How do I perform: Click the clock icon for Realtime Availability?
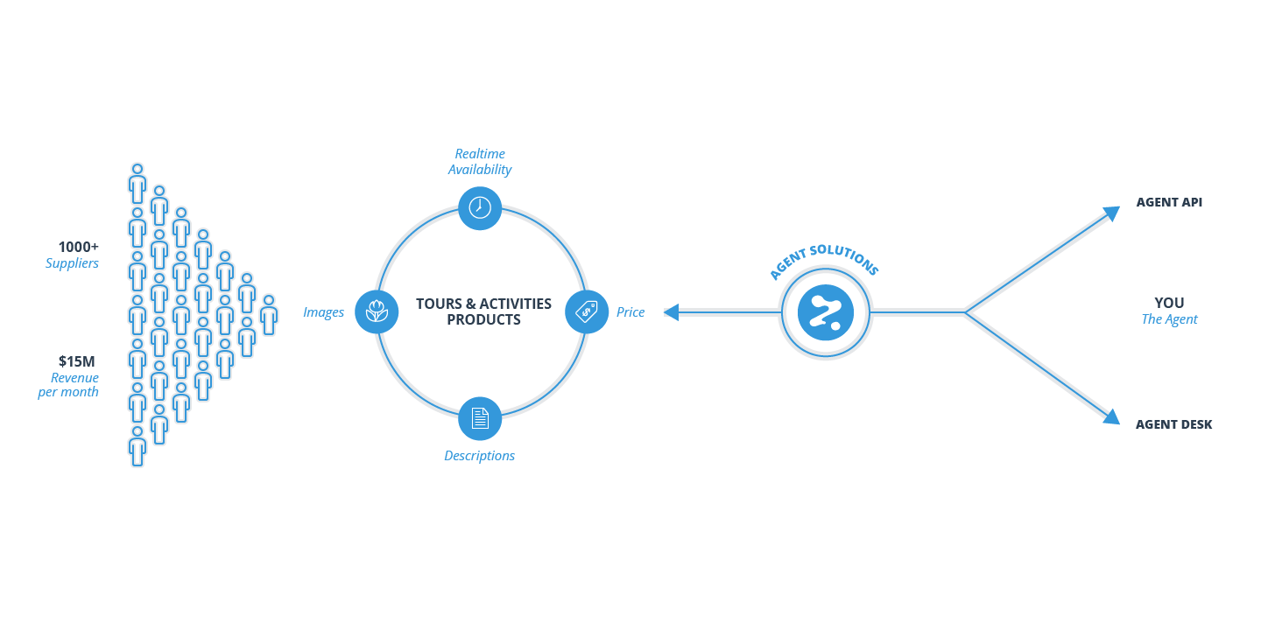480,208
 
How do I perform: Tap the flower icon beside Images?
377,311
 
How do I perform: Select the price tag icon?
587,311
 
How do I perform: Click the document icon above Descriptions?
480,418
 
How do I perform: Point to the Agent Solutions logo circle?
825,312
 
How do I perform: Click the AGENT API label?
1169,202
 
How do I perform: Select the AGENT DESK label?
1173,424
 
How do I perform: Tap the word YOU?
1169,303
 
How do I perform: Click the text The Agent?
1169,319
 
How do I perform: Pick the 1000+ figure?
79,247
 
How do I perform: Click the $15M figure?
77,360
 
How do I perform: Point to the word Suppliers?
72,262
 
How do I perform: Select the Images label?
323,312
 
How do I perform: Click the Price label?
630,312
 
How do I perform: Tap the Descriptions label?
479,456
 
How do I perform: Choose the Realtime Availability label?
480,162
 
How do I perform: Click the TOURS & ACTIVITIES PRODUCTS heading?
483,311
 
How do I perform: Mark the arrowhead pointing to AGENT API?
1112,213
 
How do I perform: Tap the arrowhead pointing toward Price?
672,312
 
